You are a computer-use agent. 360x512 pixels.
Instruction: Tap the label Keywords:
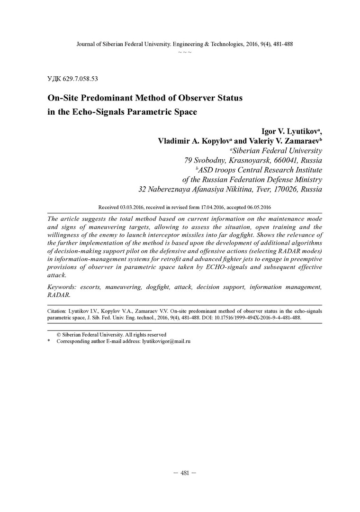[63, 287]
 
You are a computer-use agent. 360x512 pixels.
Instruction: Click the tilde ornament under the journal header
[184, 51]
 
